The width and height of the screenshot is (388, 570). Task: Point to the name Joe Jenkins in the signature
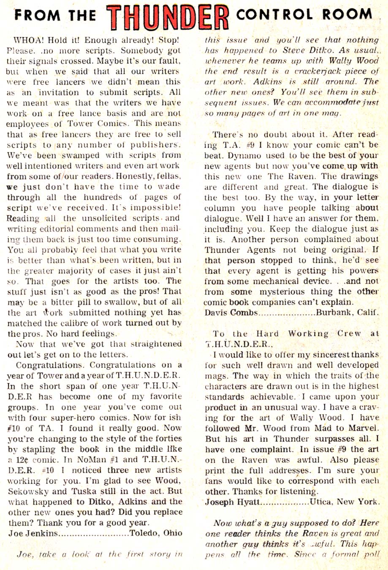click(x=33, y=533)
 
